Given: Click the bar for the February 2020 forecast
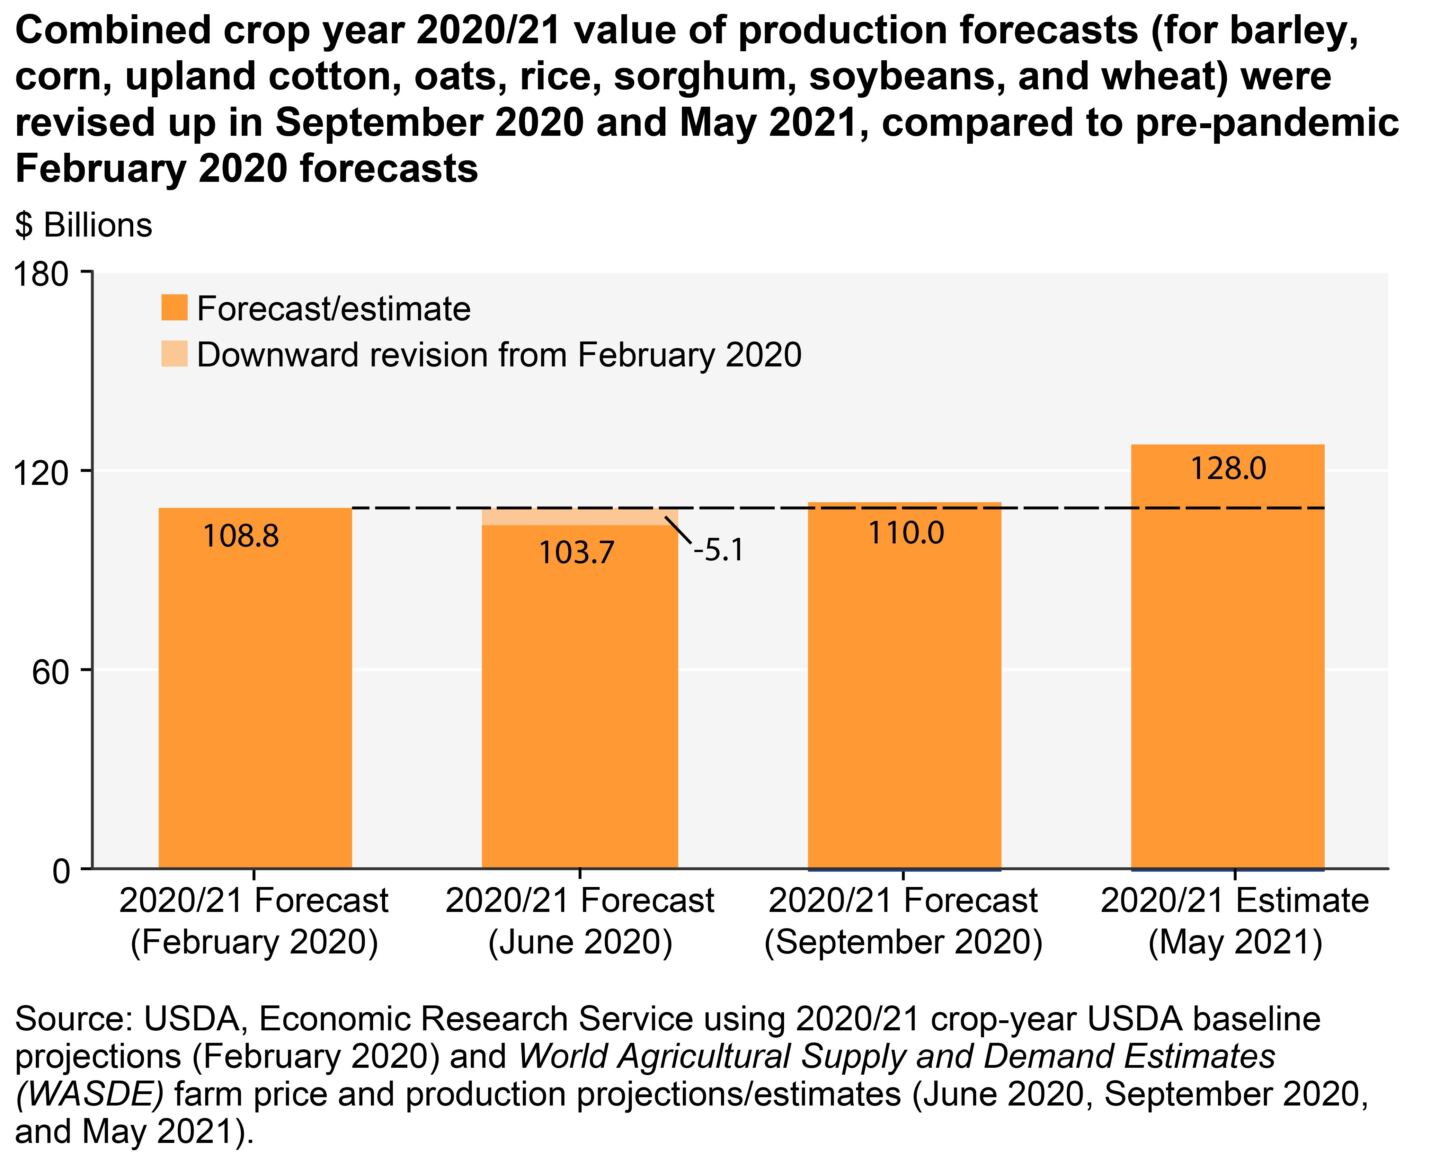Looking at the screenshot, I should pos(255,700).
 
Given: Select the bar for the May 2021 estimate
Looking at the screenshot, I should pos(1228,680).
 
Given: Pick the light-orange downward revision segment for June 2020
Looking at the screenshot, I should pos(580,516).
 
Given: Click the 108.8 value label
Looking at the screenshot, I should pos(241,536).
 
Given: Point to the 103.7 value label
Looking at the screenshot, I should pos(577,551).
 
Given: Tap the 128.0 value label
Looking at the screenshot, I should pos(1229,467).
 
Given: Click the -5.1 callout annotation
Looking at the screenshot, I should pos(718,550).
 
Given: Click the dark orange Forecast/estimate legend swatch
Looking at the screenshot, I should pos(174,308).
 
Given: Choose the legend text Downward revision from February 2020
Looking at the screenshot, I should pos(499,355).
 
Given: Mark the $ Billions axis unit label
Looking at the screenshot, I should pos(84,225).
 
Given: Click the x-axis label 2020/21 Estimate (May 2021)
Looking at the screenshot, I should pos(1234,921).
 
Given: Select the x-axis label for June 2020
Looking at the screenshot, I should pos(580,921).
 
